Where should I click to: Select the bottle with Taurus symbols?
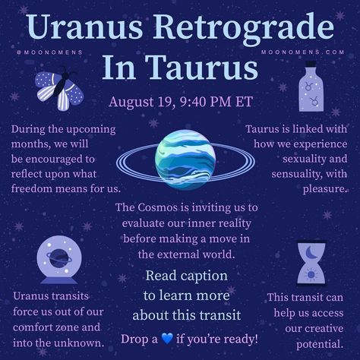click(311, 87)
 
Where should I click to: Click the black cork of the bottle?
click(311, 64)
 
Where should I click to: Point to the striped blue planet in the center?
click(185, 159)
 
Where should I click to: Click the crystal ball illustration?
click(59, 260)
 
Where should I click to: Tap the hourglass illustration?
click(311, 264)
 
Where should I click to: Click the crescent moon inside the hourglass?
click(311, 252)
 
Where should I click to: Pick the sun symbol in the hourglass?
click(311, 275)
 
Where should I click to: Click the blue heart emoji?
click(167, 339)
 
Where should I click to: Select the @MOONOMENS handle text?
click(49, 52)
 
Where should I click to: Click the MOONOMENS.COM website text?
click(303, 52)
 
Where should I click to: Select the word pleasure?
click(325, 189)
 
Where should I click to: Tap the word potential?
click(320, 344)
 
